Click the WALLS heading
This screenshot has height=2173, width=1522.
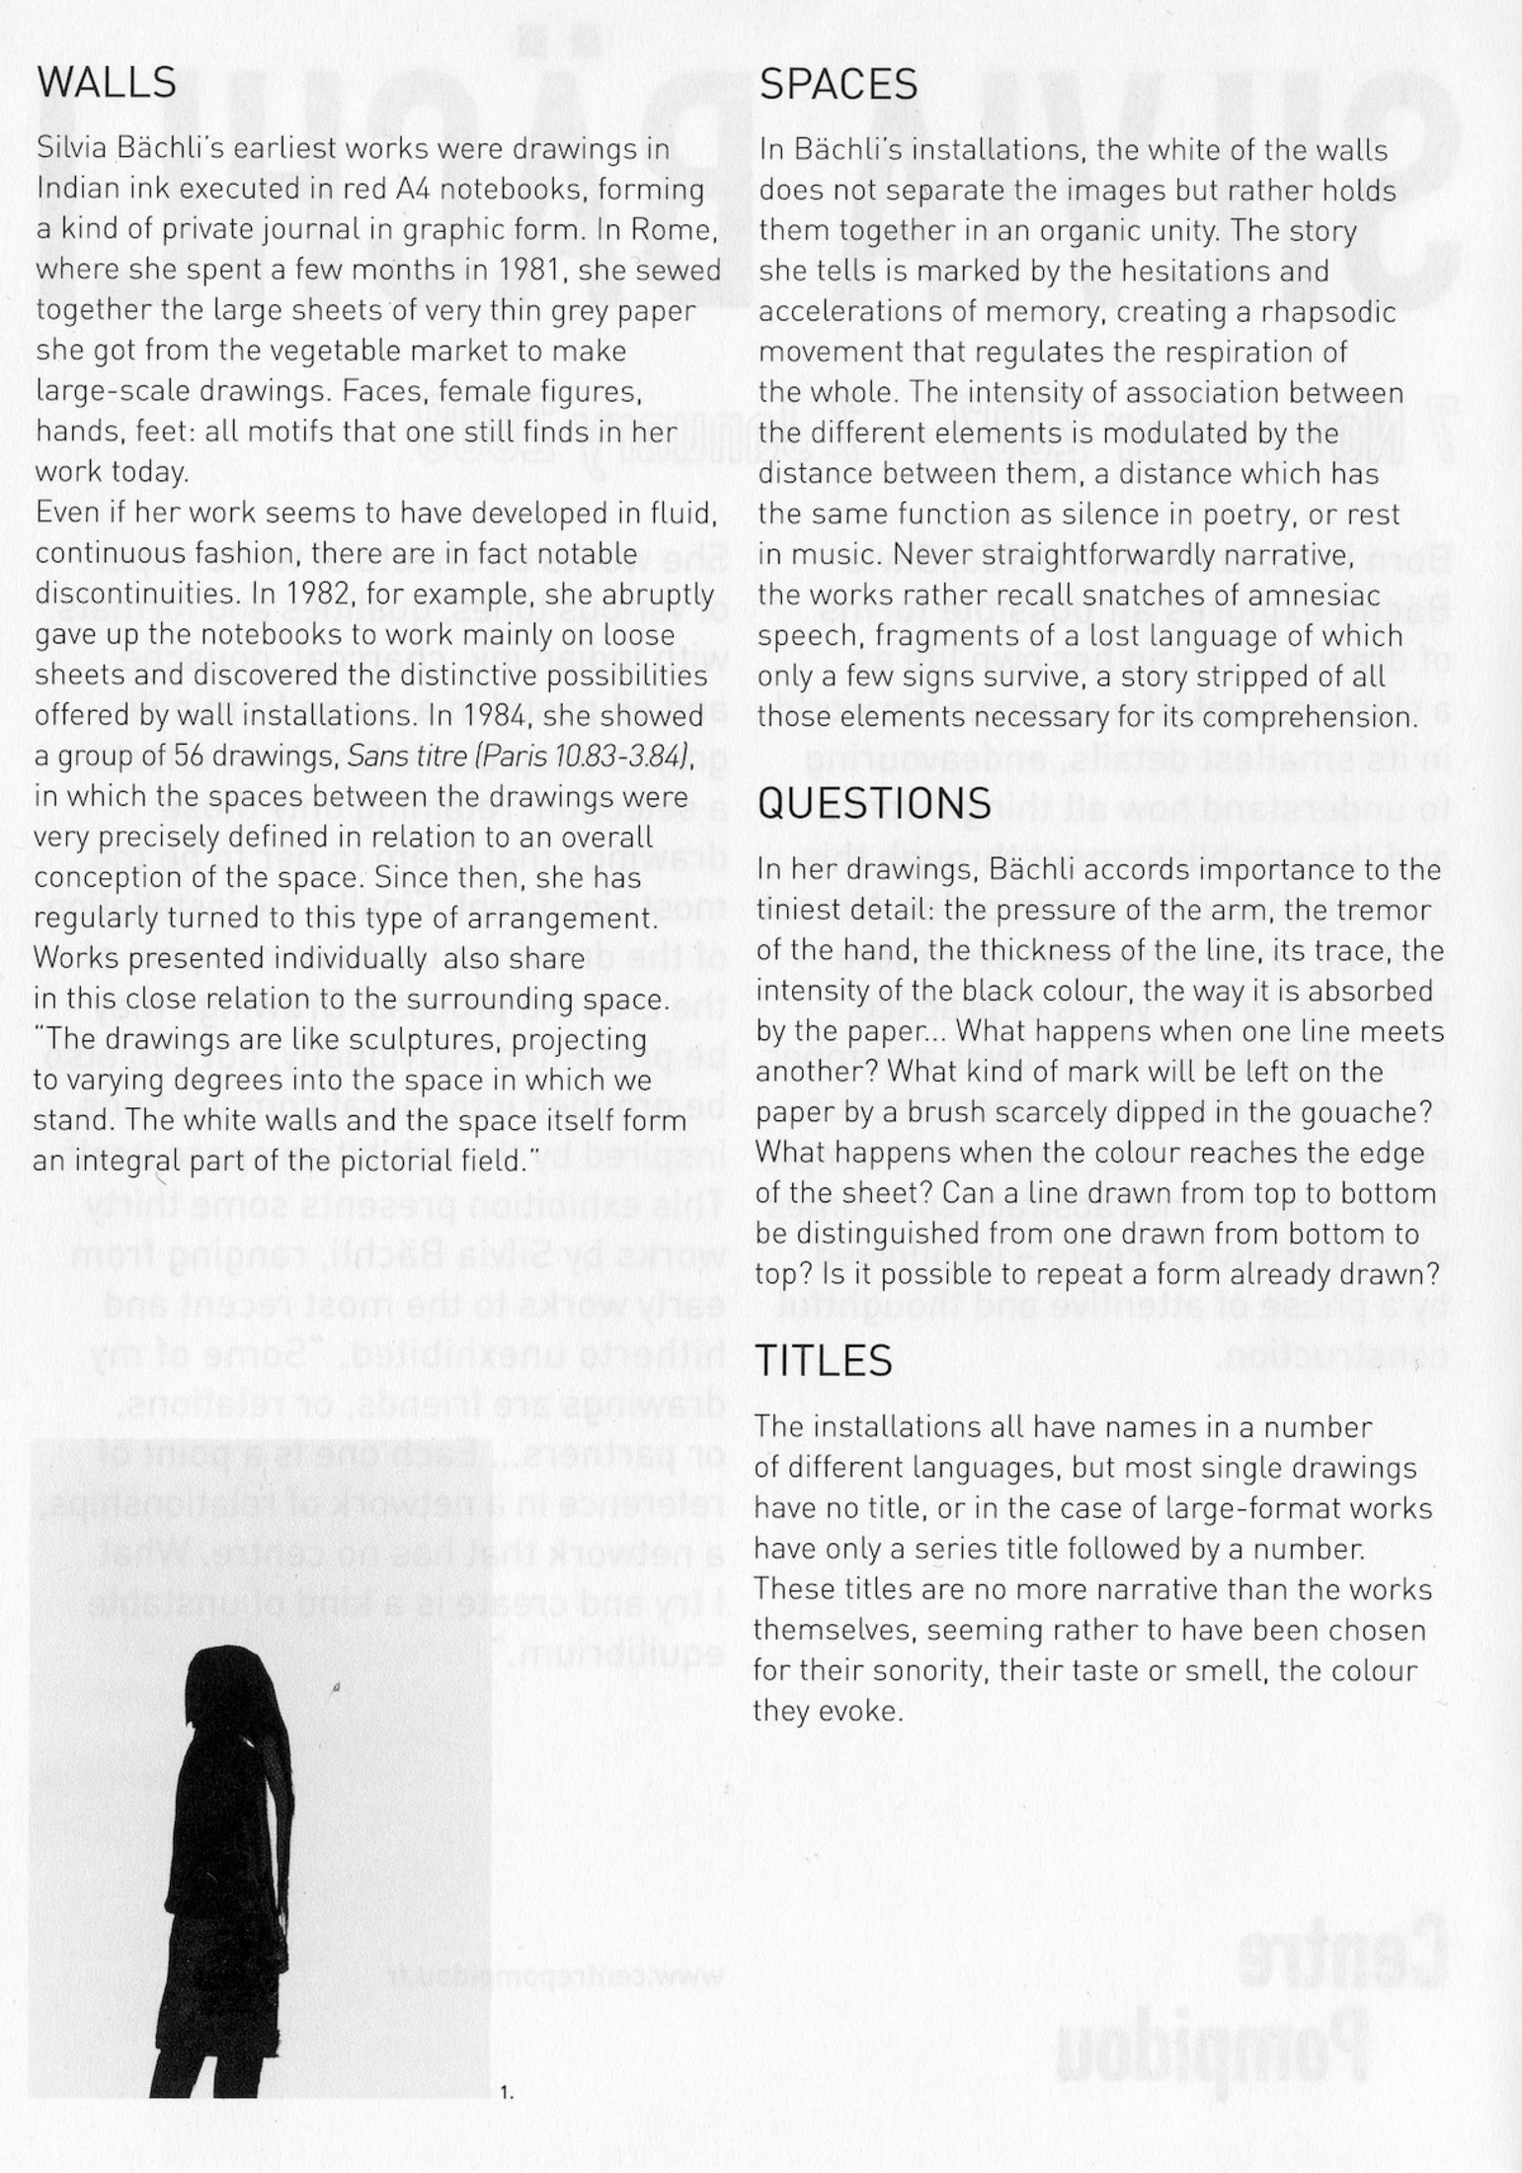pos(107,84)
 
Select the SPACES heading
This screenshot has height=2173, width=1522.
pos(839,86)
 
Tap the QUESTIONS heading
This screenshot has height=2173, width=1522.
pos(873,802)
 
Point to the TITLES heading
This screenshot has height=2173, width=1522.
pos(824,1361)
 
